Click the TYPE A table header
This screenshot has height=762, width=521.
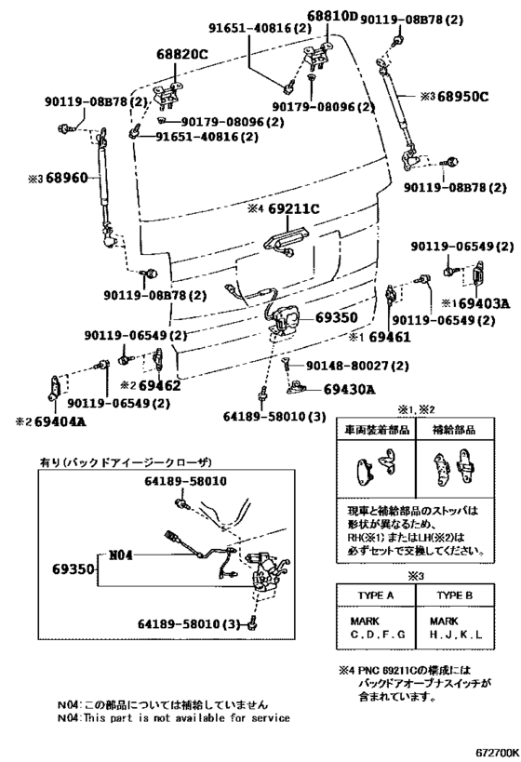tap(377, 595)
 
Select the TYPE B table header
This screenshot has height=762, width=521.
tap(453, 595)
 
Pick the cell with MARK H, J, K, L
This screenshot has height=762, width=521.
tap(453, 629)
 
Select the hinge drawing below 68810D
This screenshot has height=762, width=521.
tap(319, 52)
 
